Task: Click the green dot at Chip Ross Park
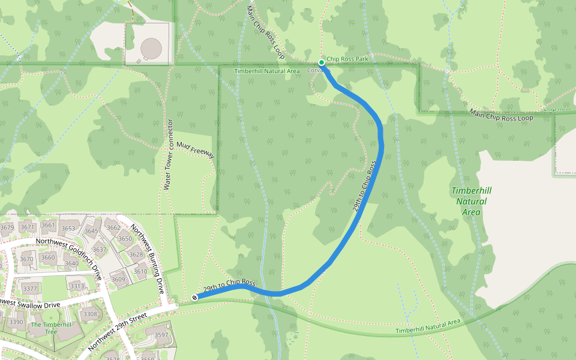point(322,62)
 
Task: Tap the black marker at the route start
point(194,298)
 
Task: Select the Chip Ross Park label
point(347,59)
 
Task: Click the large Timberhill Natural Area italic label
point(471,200)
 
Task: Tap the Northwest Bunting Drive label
point(148,257)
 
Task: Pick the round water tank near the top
point(151,46)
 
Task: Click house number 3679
point(7,227)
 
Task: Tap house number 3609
point(118,279)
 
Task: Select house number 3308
point(90,314)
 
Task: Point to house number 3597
point(161,335)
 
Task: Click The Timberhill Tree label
point(44,328)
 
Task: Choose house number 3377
point(30,289)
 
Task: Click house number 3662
point(113,227)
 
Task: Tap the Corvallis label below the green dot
point(319,70)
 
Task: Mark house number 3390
point(16,322)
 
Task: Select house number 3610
point(140,272)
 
